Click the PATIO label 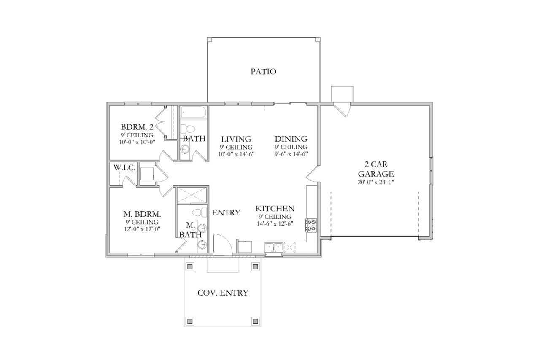pos(263,72)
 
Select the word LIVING pos(236,139)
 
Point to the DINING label pos(291,139)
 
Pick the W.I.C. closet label pos(124,168)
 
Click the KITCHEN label pos(275,209)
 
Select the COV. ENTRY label pos(223,293)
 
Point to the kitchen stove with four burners pos(312,225)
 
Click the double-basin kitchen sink pos(274,247)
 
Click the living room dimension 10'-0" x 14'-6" pos(236,153)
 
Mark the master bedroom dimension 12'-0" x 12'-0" pos(141,229)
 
